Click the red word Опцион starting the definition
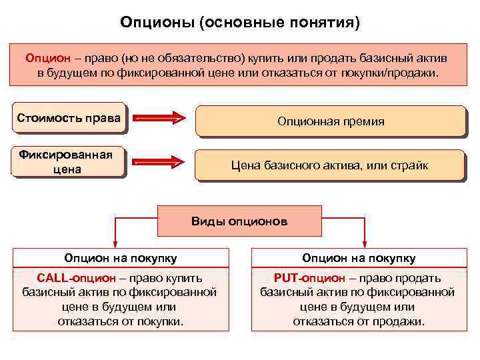click(x=44, y=57)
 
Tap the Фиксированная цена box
click(x=69, y=162)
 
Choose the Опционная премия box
click(x=330, y=121)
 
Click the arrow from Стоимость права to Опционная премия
click(x=159, y=119)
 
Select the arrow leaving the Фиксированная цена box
click(x=159, y=162)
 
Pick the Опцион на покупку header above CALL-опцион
click(x=121, y=258)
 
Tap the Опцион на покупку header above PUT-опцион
click(x=358, y=258)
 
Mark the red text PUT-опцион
click(x=309, y=278)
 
